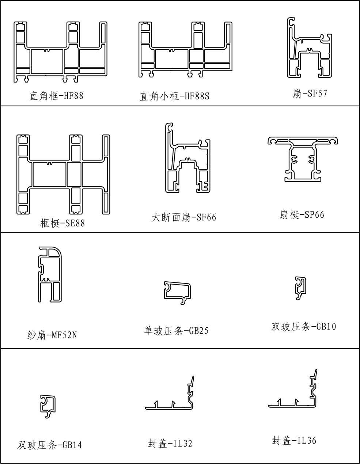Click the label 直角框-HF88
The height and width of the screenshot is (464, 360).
click(56, 96)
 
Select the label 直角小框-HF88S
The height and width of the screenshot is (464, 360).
click(174, 96)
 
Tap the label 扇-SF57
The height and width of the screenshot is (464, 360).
click(310, 93)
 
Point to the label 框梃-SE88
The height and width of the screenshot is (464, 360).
click(62, 223)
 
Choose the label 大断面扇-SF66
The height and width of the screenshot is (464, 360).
click(184, 217)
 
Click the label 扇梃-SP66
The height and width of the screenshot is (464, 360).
click(302, 214)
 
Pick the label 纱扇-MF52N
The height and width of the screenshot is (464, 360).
click(52, 335)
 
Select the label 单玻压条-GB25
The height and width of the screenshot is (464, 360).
click(176, 331)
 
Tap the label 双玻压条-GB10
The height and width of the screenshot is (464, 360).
click(303, 327)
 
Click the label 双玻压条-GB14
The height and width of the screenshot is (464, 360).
click(49, 445)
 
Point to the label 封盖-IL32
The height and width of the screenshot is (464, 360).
click(170, 443)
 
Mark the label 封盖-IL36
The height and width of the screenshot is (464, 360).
click(294, 440)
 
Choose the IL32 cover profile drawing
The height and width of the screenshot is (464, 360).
click(169, 409)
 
